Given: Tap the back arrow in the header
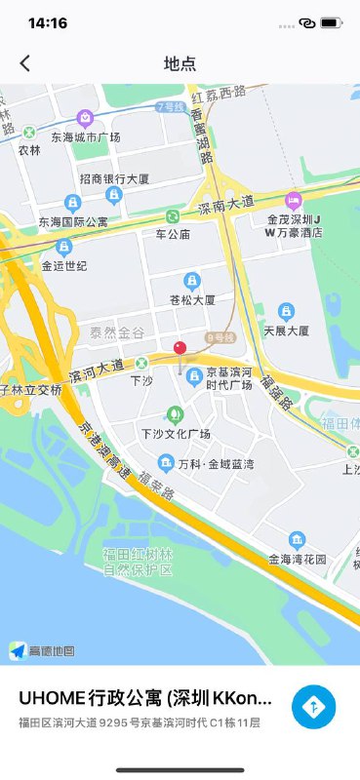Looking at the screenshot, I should click(x=25, y=63).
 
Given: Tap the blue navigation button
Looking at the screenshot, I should click(x=313, y=707).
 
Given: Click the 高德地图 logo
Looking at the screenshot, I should click(x=42, y=650).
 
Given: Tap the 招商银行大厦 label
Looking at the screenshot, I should click(x=113, y=180).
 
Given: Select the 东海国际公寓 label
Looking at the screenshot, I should click(x=74, y=222).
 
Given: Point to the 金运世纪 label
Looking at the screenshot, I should click(x=64, y=265).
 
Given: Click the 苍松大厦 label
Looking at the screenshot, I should click(x=192, y=299).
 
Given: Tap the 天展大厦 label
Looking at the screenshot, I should click(x=286, y=331).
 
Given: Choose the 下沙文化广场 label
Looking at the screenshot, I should click(x=176, y=433).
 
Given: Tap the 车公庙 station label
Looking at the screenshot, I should click(x=173, y=235).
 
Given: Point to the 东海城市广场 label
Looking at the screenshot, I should click(x=86, y=137).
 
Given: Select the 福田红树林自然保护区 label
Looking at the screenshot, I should click(x=138, y=562).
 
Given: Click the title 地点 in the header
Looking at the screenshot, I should click(x=180, y=63).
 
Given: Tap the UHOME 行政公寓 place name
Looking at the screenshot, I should click(x=144, y=699).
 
